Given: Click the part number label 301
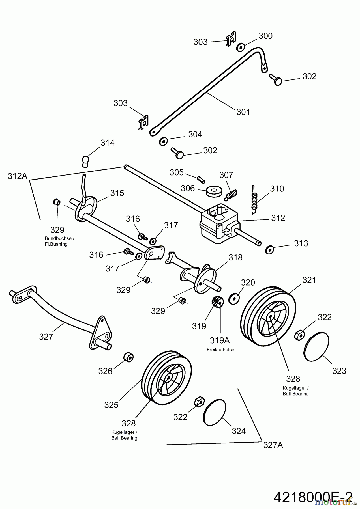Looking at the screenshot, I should [243, 112].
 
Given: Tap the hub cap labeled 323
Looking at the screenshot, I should [316, 346].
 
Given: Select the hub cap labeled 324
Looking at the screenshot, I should [215, 412].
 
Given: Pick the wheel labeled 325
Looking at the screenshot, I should [166, 375].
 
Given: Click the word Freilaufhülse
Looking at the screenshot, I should [220, 350].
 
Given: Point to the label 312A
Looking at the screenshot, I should [18, 176].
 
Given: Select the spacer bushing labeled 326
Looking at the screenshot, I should [128, 357].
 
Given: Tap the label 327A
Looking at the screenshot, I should [273, 445].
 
